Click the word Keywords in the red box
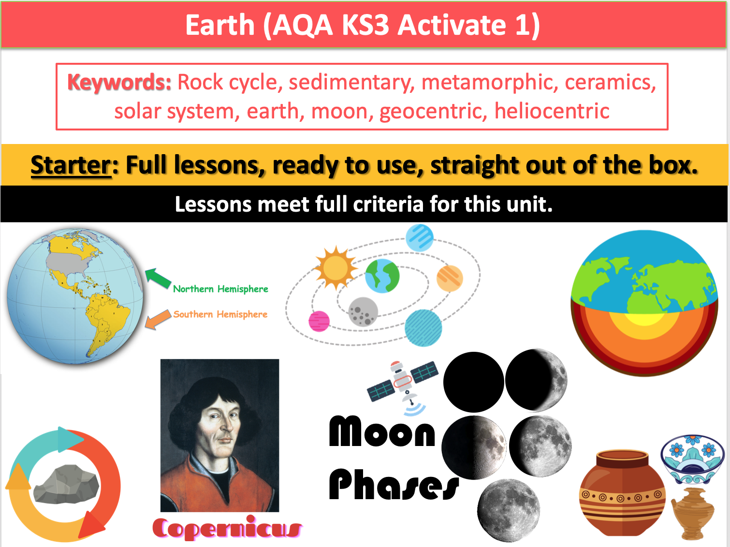pyautogui.click(x=119, y=82)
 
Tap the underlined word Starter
pyautogui.click(x=71, y=165)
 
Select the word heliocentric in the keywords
pyautogui.click(x=552, y=111)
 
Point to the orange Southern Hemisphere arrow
pyautogui.click(x=158, y=319)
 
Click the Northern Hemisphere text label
pyautogui.click(x=220, y=289)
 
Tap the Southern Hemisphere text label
pyautogui.click(x=220, y=315)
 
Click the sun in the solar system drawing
pyautogui.click(x=336, y=268)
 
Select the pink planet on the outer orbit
pyautogui.click(x=319, y=321)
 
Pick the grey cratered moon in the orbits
pyautogui.click(x=363, y=312)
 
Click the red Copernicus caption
pyautogui.click(x=227, y=528)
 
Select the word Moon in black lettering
pyautogui.click(x=382, y=431)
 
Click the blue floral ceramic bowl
pyautogui.click(x=692, y=459)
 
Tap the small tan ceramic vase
pyautogui.click(x=692, y=513)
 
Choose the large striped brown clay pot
pyautogui.click(x=622, y=492)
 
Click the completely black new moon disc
pyautogui.click(x=474, y=382)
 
